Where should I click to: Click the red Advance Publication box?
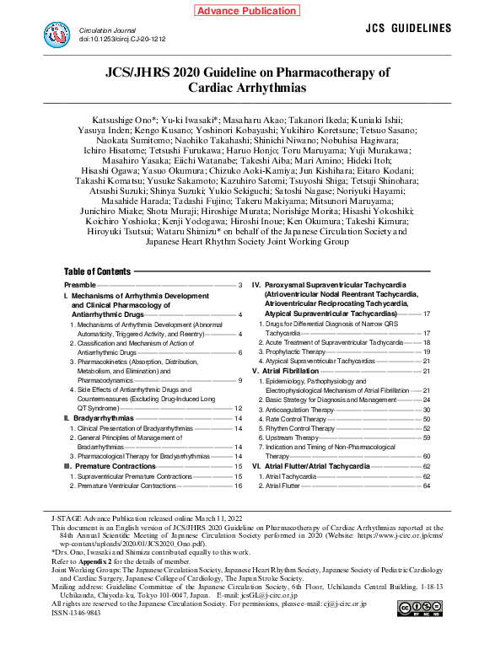click(x=247, y=11)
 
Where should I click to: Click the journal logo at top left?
click(x=57, y=35)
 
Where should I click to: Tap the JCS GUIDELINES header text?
click(x=409, y=29)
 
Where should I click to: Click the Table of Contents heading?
click(x=97, y=271)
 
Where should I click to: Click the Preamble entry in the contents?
click(x=79, y=286)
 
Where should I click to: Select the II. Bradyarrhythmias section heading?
click(x=99, y=418)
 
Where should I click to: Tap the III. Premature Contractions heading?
click(x=110, y=466)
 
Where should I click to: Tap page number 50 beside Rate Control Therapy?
click(x=427, y=419)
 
